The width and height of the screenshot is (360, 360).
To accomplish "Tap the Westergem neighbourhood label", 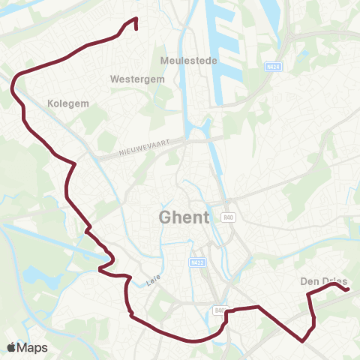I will [x=133, y=78].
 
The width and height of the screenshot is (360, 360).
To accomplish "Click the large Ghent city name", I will [x=184, y=217].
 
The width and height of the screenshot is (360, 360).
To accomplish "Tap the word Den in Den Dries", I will [x=310, y=281].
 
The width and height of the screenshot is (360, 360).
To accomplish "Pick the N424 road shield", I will [x=274, y=67].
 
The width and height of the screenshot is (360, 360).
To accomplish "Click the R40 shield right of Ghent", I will [x=229, y=217].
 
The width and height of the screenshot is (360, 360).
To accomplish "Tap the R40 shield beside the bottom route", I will [x=220, y=310].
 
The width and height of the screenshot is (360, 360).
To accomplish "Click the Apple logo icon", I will [x=11, y=347].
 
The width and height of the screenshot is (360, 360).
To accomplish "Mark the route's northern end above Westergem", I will [x=136, y=28].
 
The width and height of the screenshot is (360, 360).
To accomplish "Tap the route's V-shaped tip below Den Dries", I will [x=302, y=340].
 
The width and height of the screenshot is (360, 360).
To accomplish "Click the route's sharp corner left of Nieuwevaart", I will [x=75, y=163].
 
